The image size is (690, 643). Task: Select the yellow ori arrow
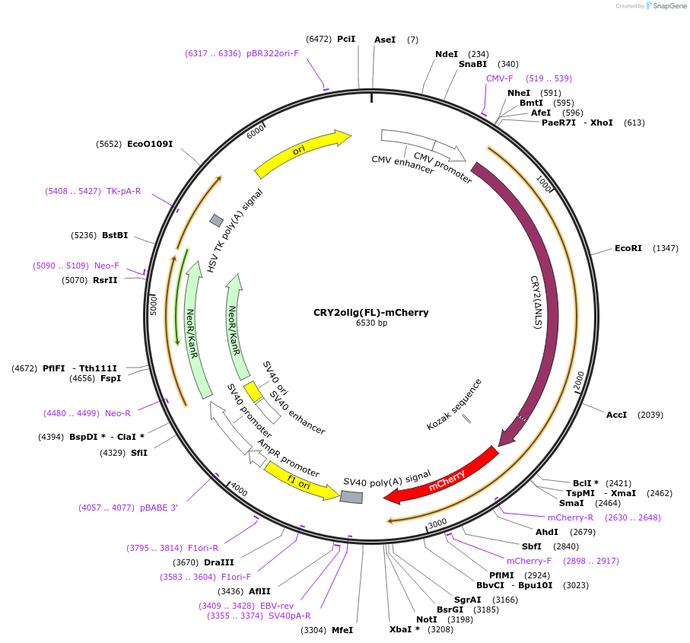tap(300, 152)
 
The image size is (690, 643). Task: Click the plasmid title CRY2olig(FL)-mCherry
tap(371, 312)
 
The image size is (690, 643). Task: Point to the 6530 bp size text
tap(371, 323)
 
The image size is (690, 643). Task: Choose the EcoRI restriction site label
tap(628, 248)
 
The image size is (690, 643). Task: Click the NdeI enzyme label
tap(447, 54)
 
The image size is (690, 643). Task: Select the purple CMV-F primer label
tap(500, 78)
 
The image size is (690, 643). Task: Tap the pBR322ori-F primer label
tap(272, 53)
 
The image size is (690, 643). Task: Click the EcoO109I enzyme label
tap(150, 144)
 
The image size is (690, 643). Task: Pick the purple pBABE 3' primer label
tap(159, 508)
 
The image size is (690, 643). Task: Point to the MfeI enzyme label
tap(342, 630)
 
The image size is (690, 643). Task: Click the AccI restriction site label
tap(616, 415)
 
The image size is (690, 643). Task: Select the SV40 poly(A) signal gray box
tap(351, 497)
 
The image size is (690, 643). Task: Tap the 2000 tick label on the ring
tap(579, 380)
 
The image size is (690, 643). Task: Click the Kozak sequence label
tap(454, 404)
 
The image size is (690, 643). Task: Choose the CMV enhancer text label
tap(403, 164)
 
